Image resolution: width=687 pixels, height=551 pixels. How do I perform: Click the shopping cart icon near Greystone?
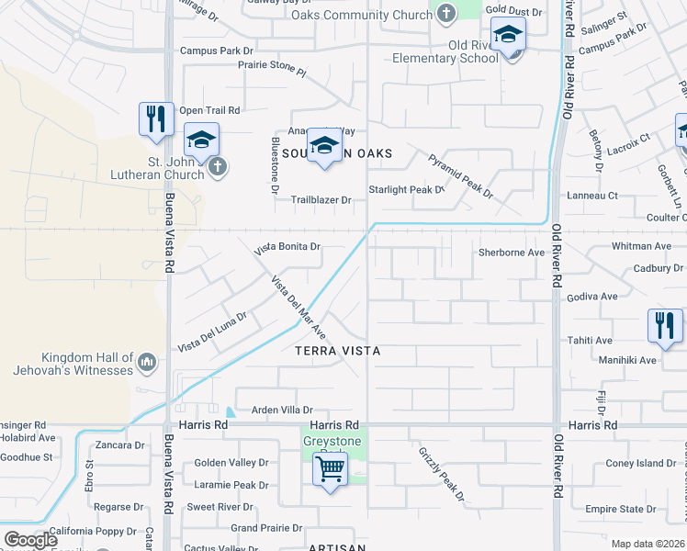click(x=330, y=471)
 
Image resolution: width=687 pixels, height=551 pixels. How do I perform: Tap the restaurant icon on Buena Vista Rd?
click(x=156, y=119)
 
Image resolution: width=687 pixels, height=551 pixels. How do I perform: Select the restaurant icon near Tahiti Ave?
click(x=664, y=327)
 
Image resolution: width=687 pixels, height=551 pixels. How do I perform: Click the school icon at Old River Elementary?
click(x=508, y=39)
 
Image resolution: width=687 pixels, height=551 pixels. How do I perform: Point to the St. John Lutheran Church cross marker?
click(x=217, y=166)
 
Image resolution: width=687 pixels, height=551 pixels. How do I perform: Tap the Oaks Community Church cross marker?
click(x=445, y=14)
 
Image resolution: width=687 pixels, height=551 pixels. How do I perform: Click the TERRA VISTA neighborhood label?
click(x=337, y=351)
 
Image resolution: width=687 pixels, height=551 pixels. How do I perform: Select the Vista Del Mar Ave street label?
click(x=298, y=305)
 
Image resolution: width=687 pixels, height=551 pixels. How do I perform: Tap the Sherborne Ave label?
click(x=512, y=253)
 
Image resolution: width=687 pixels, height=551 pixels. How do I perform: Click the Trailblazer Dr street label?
click(x=321, y=199)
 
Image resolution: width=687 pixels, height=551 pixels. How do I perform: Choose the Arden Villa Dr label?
click(x=276, y=410)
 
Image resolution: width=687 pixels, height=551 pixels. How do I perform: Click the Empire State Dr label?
click(x=620, y=509)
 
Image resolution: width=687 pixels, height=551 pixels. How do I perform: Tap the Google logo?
click(x=30, y=540)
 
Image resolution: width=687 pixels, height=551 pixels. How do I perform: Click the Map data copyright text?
click(x=647, y=544)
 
